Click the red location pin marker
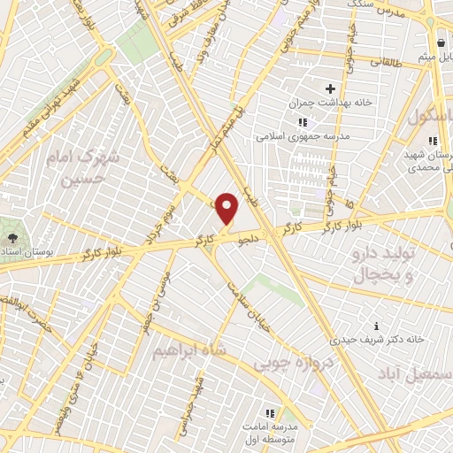(227, 208)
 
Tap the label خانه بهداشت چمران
(329, 104)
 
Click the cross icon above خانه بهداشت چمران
(331, 88)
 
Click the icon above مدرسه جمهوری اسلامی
(303, 122)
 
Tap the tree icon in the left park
(12, 239)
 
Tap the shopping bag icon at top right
(440, 43)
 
